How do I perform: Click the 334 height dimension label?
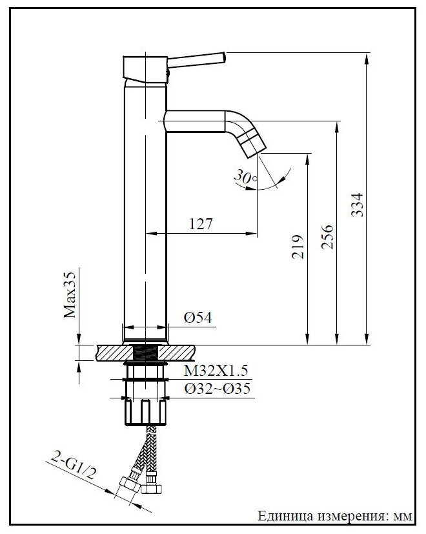(x=357, y=205)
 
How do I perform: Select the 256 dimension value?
(x=327, y=236)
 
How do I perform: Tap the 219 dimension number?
(x=298, y=247)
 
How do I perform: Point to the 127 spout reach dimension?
(x=201, y=224)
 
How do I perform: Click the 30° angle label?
(x=245, y=177)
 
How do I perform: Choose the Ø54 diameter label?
(x=198, y=318)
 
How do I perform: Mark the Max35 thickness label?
(x=70, y=295)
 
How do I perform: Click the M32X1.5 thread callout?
(x=216, y=371)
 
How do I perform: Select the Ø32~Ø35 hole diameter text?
(x=218, y=389)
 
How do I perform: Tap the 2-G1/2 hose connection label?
(x=72, y=464)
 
